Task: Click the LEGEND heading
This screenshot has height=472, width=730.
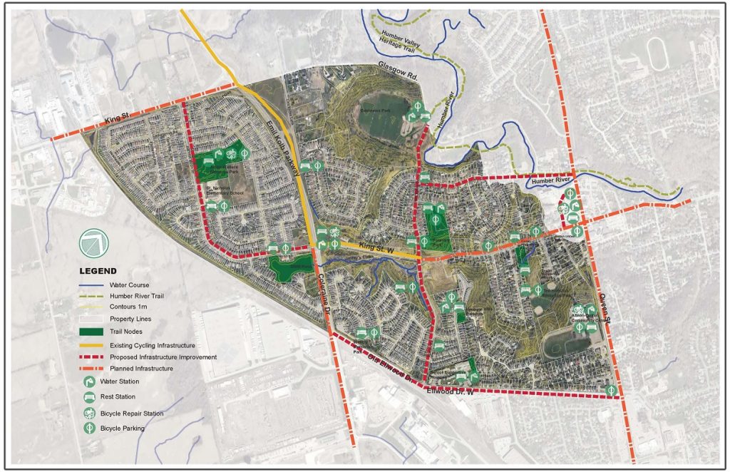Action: (98, 271)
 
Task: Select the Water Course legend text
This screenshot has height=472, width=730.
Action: (130, 285)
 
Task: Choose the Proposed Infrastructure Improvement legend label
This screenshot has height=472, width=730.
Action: (163, 356)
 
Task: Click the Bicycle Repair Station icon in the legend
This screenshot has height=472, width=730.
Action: (91, 414)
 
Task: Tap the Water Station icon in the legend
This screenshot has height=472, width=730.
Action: (91, 382)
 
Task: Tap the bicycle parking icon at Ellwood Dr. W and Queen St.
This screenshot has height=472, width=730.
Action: (612, 389)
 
